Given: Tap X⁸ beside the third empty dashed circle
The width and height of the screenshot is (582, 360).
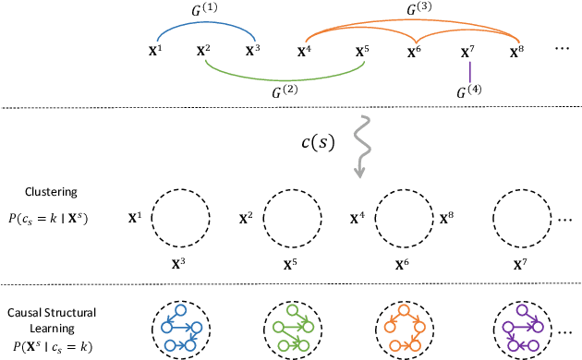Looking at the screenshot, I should pos(447,219).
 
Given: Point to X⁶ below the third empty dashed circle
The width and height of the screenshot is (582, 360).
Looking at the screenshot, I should pos(403,260).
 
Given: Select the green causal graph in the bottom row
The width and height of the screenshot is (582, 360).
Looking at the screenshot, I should pos(292,328).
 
